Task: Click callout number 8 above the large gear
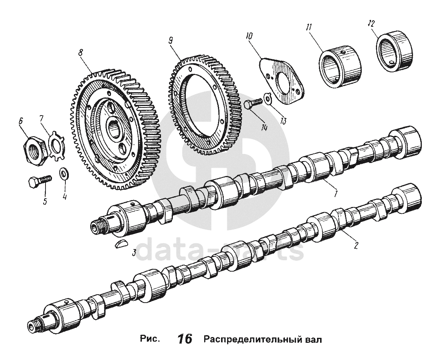tap(81, 53)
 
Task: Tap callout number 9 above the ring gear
tap(171, 40)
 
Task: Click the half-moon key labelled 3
tap(120, 244)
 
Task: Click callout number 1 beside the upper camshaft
tap(335, 194)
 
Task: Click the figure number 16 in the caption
tap(185, 339)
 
